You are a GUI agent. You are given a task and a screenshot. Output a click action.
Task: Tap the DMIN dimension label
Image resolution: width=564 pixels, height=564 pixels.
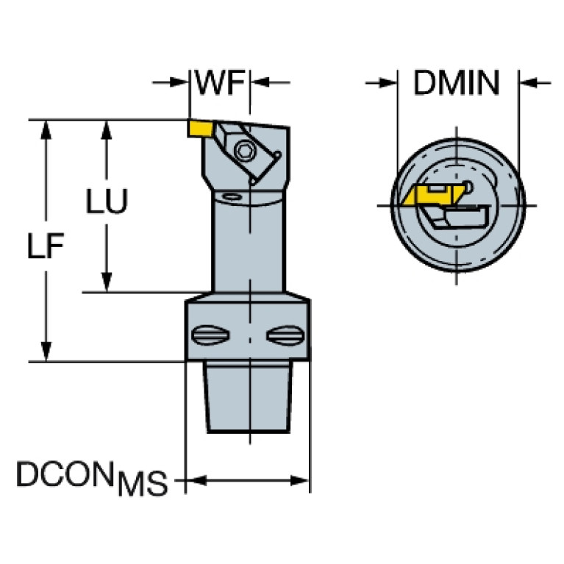456,83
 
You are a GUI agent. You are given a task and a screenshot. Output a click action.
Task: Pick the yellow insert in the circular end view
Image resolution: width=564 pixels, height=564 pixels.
426,195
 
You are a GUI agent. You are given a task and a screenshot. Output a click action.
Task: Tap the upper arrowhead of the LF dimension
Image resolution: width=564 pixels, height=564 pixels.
48,129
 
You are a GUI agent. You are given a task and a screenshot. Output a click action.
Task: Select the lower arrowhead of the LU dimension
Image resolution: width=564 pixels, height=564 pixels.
107,282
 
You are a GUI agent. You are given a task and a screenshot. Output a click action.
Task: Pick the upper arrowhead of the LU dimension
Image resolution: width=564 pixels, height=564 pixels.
107,129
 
